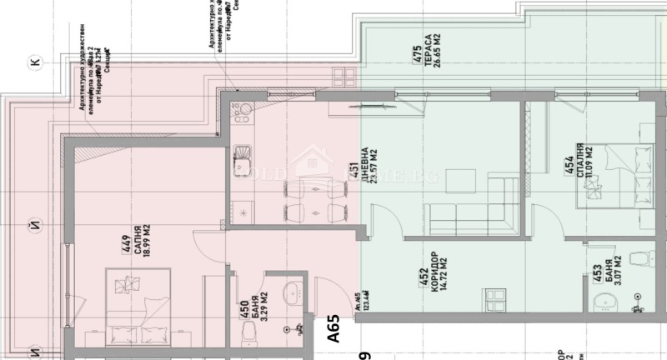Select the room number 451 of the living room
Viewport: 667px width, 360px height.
(354, 172)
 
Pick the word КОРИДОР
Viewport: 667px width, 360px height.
(434, 269)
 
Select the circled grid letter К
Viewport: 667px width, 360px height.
(34, 61)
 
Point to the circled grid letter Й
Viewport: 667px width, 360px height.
(34, 223)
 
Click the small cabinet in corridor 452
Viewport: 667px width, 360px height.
(496, 297)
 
